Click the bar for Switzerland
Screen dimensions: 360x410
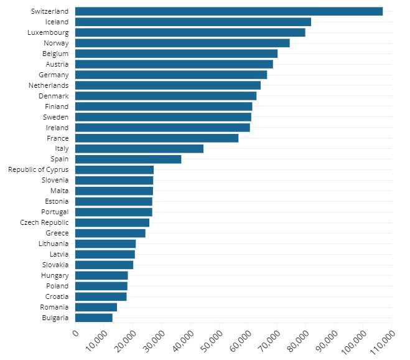coord(228,11)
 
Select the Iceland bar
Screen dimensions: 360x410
coord(193,22)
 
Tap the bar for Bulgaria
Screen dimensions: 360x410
coord(93,318)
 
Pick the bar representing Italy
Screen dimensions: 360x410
coord(139,148)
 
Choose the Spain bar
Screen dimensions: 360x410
coord(128,159)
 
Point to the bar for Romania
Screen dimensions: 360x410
coord(96,307)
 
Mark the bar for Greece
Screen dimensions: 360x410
coord(110,233)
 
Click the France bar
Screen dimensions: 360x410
coord(156,138)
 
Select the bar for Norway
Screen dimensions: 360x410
coord(182,43)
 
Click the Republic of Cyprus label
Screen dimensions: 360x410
coord(38,169)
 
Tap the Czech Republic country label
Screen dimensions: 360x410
coord(44,222)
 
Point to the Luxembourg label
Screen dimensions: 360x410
coord(49,32)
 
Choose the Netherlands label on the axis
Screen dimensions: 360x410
coord(49,85)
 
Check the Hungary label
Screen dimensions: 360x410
coord(55,275)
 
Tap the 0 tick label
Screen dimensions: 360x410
coord(75,334)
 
